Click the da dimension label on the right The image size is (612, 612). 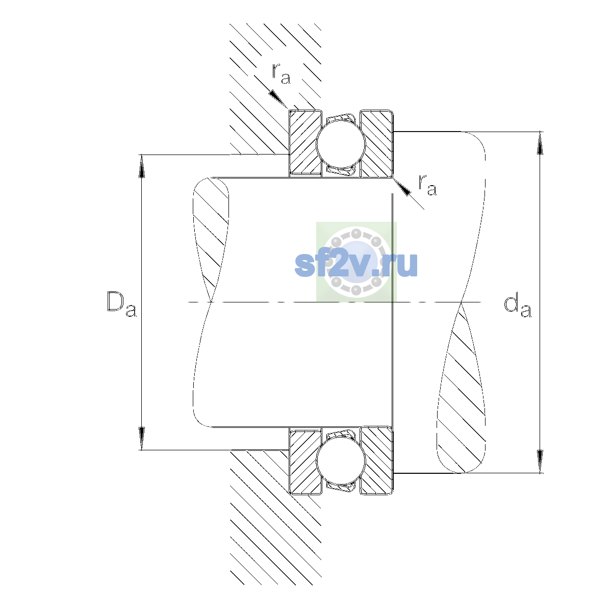pyautogui.click(x=517, y=307)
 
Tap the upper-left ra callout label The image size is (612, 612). pyautogui.click(x=281, y=73)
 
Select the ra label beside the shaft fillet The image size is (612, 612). pyautogui.click(x=427, y=185)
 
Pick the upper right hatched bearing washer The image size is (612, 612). pyautogui.click(x=377, y=143)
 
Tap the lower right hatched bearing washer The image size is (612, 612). pyautogui.click(x=377, y=461)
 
